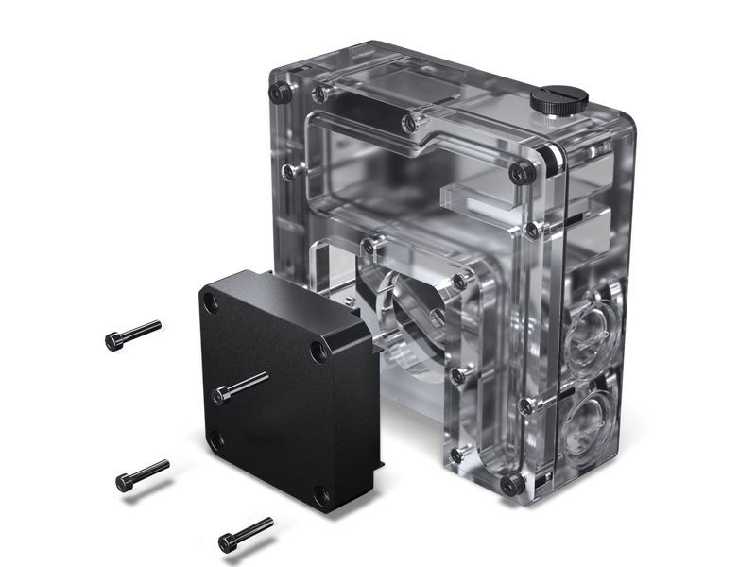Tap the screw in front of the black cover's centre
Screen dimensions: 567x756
(x=242, y=387)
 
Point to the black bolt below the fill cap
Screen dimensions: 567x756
(x=518, y=170)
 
